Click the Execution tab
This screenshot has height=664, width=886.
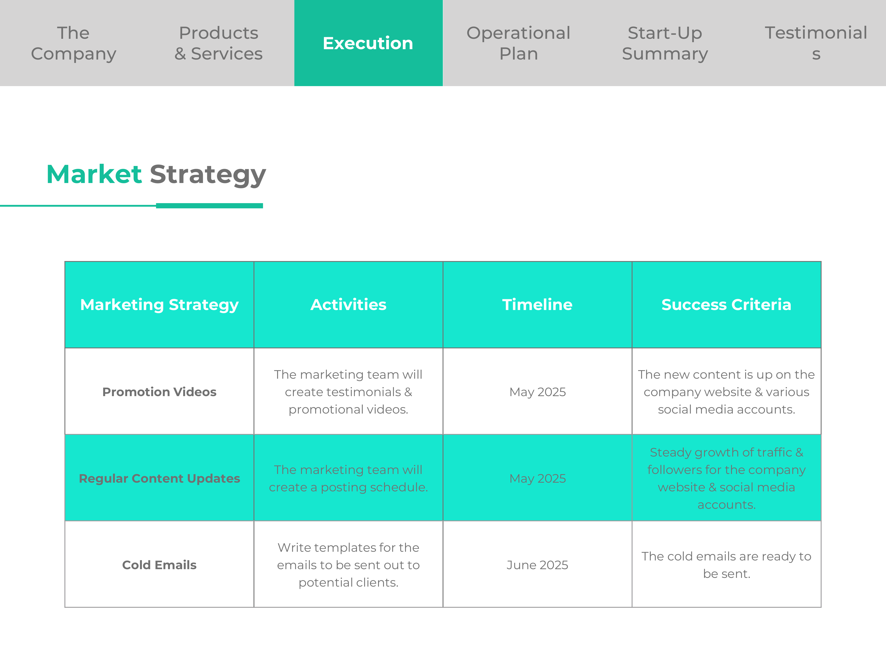tap(368, 43)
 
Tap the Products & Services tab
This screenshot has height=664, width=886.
tap(219, 43)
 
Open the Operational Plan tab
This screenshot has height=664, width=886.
tap(518, 43)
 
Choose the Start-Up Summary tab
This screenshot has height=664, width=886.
tap(665, 43)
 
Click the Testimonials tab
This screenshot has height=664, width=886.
tap(816, 43)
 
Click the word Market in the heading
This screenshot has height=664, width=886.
tap(94, 175)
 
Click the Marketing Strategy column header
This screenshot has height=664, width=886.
tap(159, 305)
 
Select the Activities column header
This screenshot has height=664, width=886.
tap(348, 305)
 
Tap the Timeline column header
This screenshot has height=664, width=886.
tap(538, 305)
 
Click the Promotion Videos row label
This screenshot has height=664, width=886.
tap(159, 392)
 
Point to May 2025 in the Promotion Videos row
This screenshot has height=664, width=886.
tap(538, 392)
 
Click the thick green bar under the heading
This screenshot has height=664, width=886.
tap(210, 206)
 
